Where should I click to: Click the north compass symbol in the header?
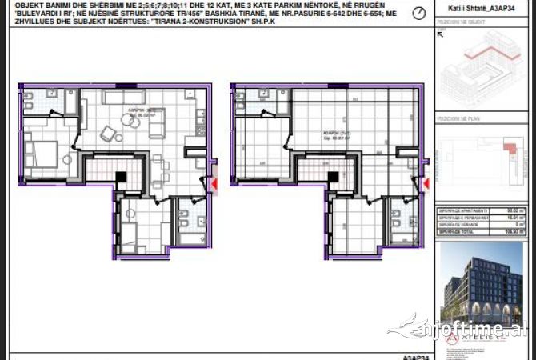pos(418,14)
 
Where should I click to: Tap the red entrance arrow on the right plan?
pos(426,185)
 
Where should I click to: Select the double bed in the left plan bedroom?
pos(40,151)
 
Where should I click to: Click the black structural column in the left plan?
pos(119,178)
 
